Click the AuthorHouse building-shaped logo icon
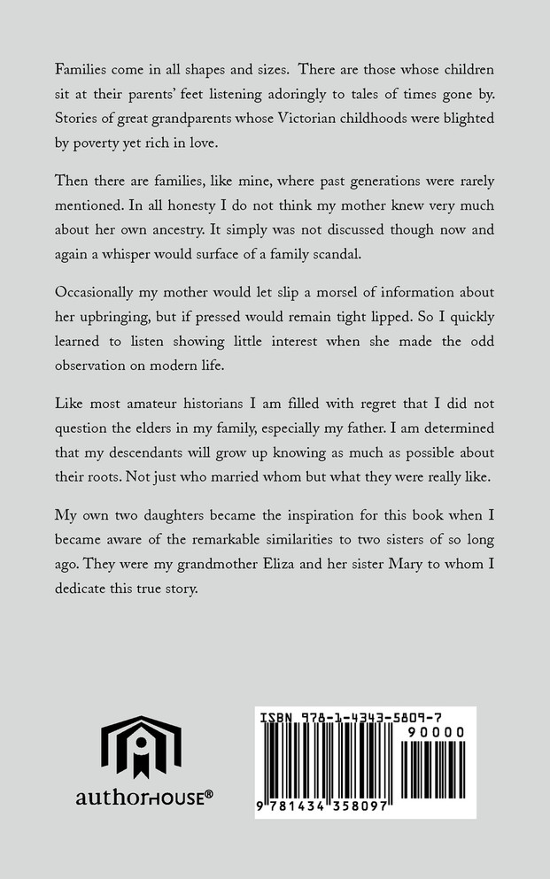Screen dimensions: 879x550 [141, 748]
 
